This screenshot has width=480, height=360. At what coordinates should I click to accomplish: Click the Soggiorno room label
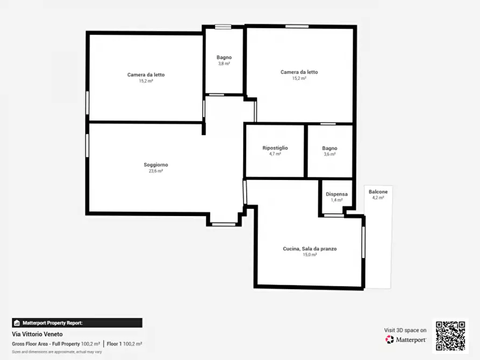[x=156, y=165]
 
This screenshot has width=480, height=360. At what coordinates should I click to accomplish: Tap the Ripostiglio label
[x=275, y=148]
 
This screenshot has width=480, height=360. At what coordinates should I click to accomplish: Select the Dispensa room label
[x=336, y=194]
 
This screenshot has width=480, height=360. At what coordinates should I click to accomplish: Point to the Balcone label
[x=378, y=192]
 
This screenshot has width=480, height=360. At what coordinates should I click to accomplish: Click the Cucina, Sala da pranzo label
[x=310, y=249]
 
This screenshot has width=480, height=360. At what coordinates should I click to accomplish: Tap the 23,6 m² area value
[x=156, y=171]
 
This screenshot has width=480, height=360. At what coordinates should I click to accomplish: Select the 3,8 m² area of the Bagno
[x=224, y=64]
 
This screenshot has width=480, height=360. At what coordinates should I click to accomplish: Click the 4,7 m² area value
[x=275, y=154]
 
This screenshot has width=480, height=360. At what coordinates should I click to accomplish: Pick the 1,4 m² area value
[x=336, y=200]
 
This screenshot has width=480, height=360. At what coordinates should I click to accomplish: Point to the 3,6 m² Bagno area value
[x=329, y=154]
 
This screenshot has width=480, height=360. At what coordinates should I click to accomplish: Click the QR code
[x=450, y=336]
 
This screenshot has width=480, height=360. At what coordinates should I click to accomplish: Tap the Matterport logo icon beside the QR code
[x=389, y=340]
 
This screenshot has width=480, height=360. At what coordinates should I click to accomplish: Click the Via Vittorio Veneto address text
[x=37, y=334]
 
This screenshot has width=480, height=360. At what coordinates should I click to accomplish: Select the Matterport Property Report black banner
[x=77, y=323]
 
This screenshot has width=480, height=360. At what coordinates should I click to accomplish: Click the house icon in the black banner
[x=17, y=323]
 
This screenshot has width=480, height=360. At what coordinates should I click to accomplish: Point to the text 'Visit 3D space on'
[x=405, y=330]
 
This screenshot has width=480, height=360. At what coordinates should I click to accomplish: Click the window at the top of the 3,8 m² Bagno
[x=223, y=27]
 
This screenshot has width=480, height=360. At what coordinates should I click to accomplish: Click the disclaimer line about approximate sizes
[x=56, y=352]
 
